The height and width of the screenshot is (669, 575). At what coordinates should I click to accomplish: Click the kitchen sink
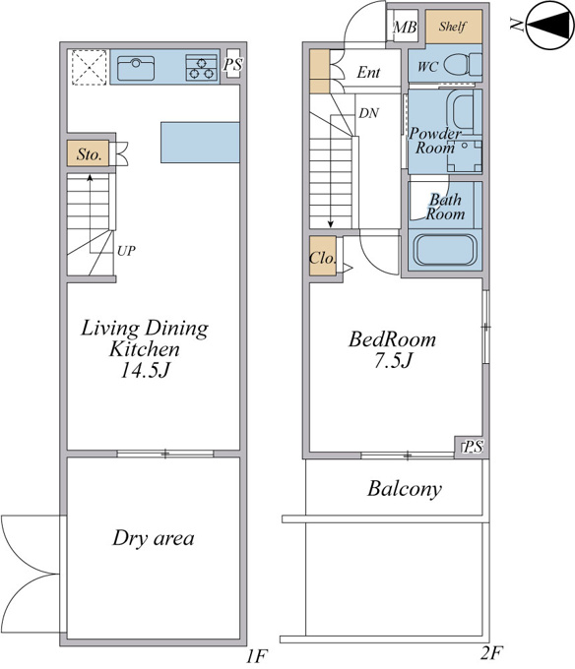pyautogui.click(x=136, y=68)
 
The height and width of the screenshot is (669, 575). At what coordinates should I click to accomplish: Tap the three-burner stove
pyautogui.click(x=201, y=68)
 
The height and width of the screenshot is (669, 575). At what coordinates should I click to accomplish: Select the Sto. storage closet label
pyautogui.click(x=90, y=154)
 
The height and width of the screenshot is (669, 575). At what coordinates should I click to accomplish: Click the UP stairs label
pyautogui.click(x=126, y=251)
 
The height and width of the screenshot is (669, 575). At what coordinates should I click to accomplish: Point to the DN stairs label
pyautogui.click(x=369, y=113)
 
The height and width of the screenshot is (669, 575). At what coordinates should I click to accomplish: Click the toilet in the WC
pyautogui.click(x=463, y=65)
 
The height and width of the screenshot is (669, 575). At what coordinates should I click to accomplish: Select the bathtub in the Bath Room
pyautogui.click(x=445, y=250)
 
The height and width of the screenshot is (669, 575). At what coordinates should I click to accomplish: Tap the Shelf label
pyautogui.click(x=453, y=27)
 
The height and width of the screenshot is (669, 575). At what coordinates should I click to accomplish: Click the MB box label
pyautogui.click(x=405, y=28)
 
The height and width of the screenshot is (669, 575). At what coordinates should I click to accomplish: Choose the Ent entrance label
pyautogui.click(x=368, y=72)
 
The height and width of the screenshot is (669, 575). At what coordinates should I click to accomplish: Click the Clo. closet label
pyautogui.click(x=323, y=258)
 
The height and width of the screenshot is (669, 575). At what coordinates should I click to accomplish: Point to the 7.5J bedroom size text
pyautogui.click(x=393, y=361)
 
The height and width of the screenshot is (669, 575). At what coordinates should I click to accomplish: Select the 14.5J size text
pyautogui.click(x=145, y=370)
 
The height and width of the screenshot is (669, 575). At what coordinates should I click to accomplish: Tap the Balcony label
pyautogui.click(x=405, y=489)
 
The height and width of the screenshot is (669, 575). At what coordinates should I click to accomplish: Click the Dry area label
pyautogui.click(x=154, y=538)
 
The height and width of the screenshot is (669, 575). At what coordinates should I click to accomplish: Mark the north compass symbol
pyautogui.click(x=550, y=26)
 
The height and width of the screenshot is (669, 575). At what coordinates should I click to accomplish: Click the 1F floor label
pyautogui.click(x=257, y=656)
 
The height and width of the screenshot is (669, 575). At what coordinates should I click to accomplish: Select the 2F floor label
pyautogui.click(x=491, y=652)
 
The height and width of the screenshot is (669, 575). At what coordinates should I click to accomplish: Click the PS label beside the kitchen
pyautogui.click(x=233, y=64)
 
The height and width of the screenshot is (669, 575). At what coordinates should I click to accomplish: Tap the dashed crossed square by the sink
pyautogui.click(x=89, y=68)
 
